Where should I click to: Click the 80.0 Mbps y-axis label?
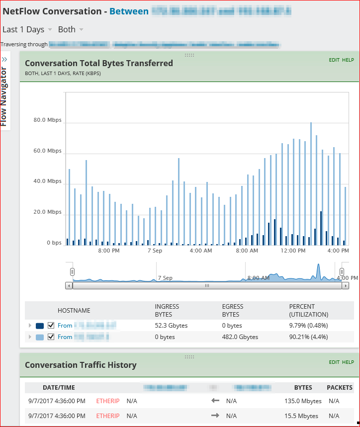pos(47,120)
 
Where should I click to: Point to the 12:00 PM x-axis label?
pos(293,251)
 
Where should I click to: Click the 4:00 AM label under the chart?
pos(201,251)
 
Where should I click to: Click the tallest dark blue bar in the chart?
pos(321,228)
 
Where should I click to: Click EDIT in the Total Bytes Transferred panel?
pos(334,60)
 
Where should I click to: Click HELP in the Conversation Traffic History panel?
pos(348,362)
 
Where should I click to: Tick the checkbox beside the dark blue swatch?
pos(51,326)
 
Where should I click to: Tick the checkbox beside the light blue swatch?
pos(51,337)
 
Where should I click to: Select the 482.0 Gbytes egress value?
pos(240,337)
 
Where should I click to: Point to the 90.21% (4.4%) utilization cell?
pos(308,337)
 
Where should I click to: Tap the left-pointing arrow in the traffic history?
pos(215,401)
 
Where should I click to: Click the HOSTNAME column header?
pos(74,311)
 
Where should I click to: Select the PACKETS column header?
pos(340,388)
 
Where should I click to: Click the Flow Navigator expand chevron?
pos(4,59)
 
